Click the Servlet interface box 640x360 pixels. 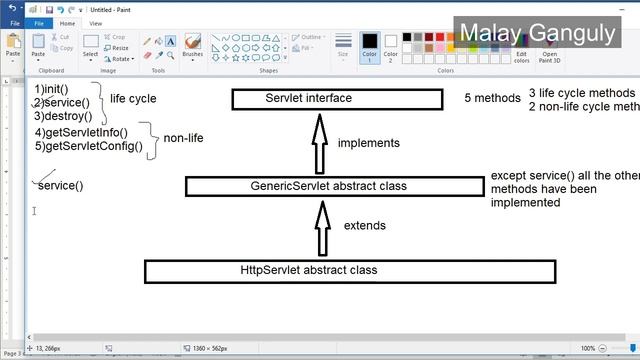pos(336,99)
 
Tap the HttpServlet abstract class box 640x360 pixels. pos(350,270)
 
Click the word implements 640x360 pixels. pos(368,143)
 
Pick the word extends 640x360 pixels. pos(364,226)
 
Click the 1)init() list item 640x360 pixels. pos(51,89)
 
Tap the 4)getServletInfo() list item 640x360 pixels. pos(81,132)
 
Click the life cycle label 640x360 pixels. pos(133,99)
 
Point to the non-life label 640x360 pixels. pos(183,138)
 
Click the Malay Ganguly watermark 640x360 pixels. pos(536,33)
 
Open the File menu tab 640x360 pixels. pos(39,23)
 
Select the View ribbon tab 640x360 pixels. pos(95,23)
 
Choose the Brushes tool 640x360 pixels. pos(193,46)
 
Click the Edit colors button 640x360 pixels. pos(521,50)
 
